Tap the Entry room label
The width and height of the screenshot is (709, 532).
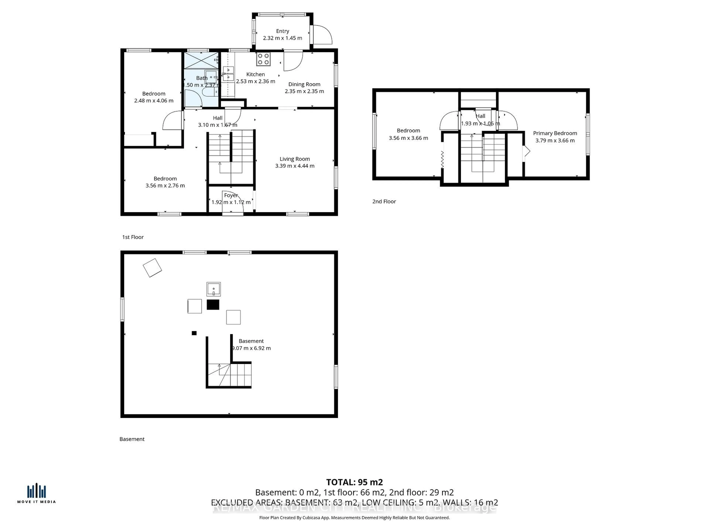click(282, 31)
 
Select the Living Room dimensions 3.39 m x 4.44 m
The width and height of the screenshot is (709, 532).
click(294, 166)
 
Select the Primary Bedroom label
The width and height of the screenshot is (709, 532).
click(555, 133)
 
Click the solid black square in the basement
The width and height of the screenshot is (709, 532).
click(213, 305)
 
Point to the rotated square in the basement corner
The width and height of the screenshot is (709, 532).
click(152, 268)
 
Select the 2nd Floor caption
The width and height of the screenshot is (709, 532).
click(384, 201)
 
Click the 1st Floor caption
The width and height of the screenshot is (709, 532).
click(133, 237)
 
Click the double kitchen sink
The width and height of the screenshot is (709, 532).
click(228, 74)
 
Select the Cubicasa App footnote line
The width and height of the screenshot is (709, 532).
click(354, 518)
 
